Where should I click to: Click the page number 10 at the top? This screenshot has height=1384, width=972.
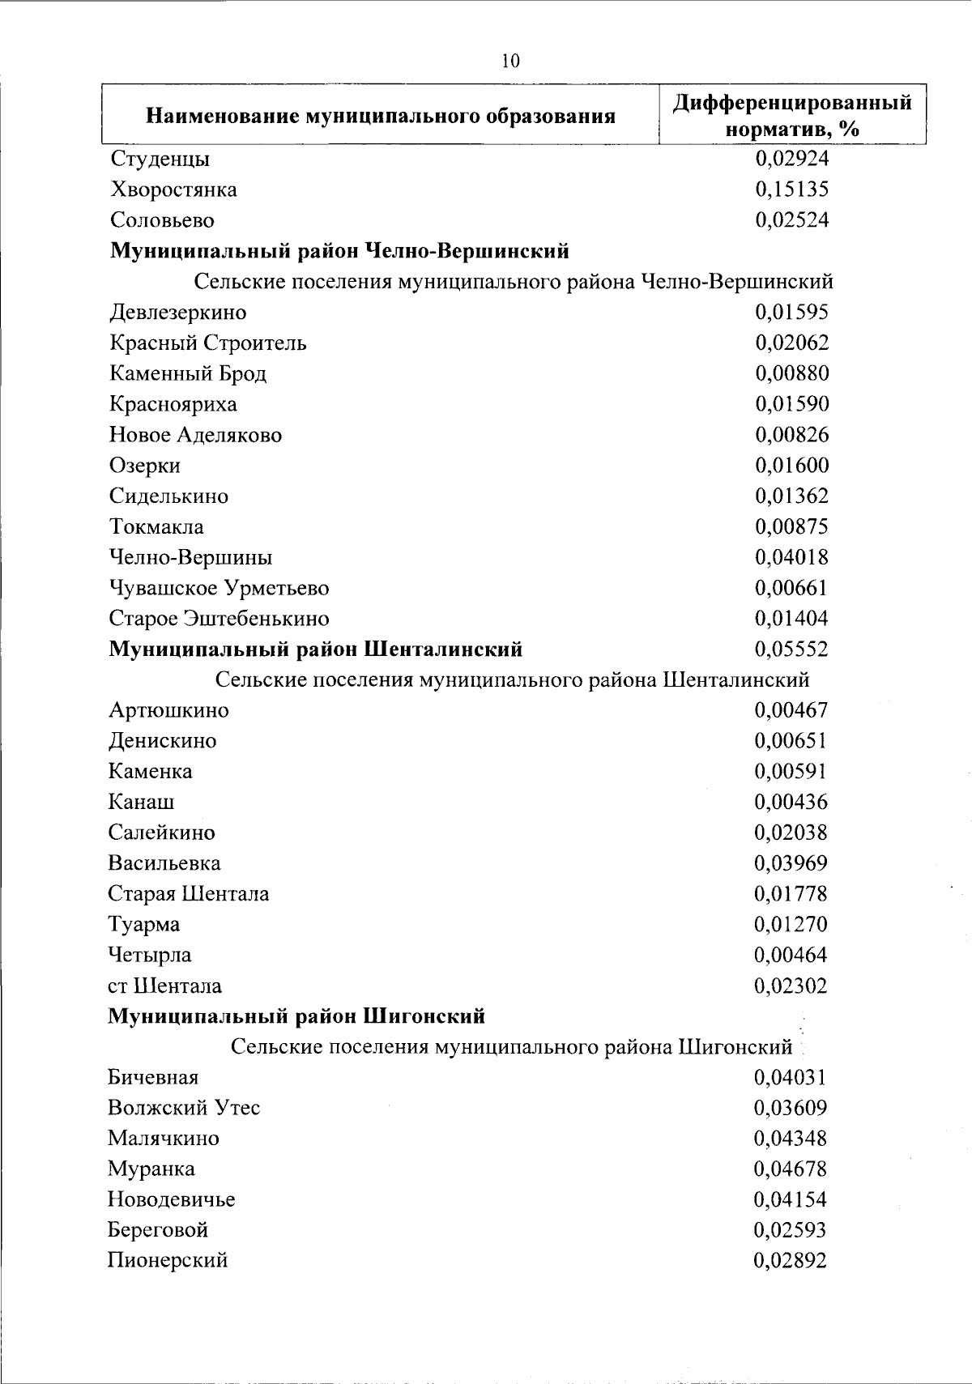(510, 61)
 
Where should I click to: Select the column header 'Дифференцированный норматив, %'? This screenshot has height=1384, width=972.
(792, 115)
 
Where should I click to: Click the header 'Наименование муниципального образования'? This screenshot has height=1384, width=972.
(380, 117)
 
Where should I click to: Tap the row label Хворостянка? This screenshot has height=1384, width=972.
(173, 190)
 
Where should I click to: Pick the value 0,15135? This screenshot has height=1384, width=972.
(791, 190)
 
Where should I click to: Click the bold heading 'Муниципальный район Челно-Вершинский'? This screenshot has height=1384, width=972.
(339, 251)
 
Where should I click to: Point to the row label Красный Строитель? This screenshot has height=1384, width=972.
(207, 343)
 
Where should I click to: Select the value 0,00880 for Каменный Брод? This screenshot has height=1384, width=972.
(791, 373)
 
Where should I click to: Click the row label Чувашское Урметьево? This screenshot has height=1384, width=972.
(219, 588)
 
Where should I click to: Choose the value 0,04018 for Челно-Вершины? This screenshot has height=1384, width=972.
(791, 557)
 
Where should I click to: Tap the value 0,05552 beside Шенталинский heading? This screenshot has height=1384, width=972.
(791, 649)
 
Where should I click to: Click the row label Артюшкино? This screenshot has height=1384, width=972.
(168, 710)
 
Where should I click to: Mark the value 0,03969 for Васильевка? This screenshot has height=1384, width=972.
(791, 863)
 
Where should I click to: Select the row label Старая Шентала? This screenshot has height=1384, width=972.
(188, 894)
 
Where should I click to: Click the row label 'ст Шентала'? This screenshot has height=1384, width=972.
(164, 986)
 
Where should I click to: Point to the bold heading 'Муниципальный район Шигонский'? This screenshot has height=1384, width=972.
(296, 1016)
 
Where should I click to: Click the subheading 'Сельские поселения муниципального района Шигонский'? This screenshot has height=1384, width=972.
(511, 1047)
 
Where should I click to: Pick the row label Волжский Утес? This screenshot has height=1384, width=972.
(184, 1108)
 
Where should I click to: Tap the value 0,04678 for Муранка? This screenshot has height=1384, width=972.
(790, 1169)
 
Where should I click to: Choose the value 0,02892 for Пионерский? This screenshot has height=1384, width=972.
(790, 1260)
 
